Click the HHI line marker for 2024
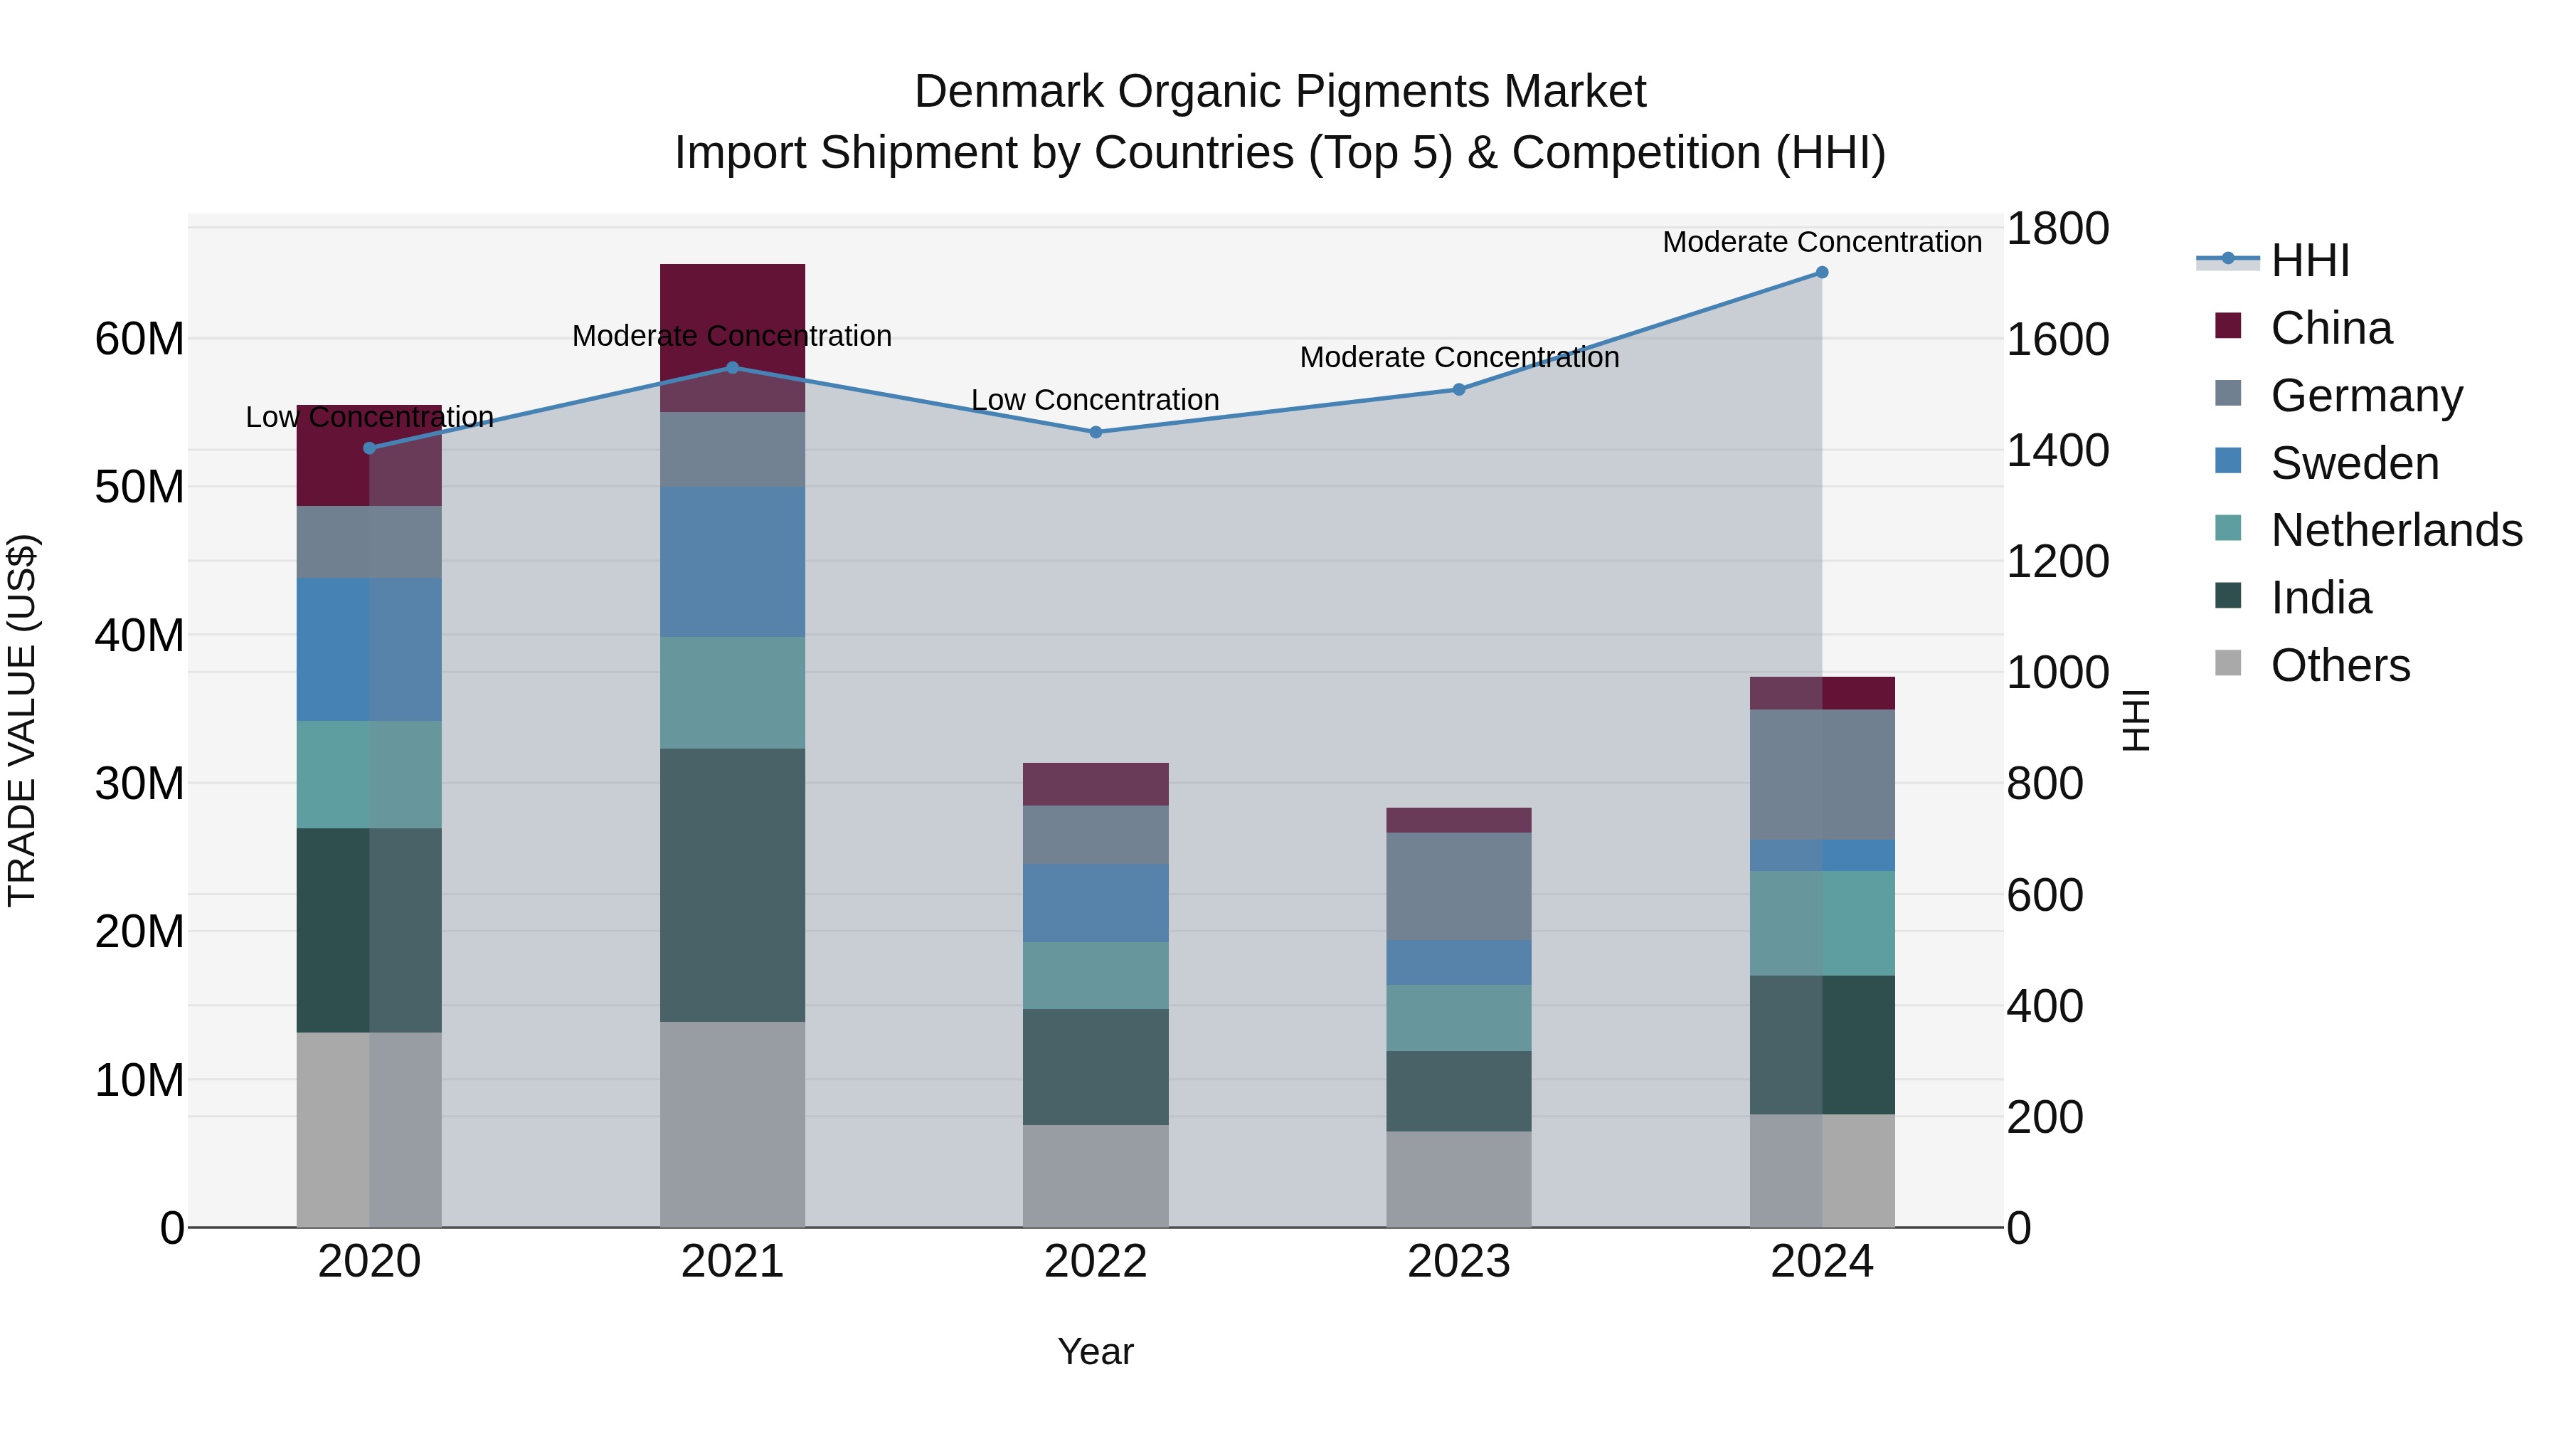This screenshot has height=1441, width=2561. pyautogui.click(x=1821, y=273)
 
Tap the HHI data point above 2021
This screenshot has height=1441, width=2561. pyautogui.click(x=733, y=368)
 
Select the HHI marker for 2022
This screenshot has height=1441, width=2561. pyautogui.click(x=1096, y=433)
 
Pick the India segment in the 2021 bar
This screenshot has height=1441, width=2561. pyautogui.click(x=733, y=885)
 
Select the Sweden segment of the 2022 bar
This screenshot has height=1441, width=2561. pyautogui.click(x=1096, y=903)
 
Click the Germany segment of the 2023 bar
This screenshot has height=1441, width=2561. pyautogui.click(x=1458, y=886)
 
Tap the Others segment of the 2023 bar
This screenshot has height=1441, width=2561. pyautogui.click(x=1458, y=1178)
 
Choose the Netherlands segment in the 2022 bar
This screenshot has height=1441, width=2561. pyautogui.click(x=1096, y=976)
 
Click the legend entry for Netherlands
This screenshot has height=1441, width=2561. pyautogui.click(x=2396, y=530)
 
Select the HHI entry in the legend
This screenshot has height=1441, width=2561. pyautogui.click(x=2309, y=260)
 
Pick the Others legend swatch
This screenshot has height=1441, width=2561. pyautogui.click(x=2228, y=663)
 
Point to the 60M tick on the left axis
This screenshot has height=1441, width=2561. pyautogui.click(x=140, y=339)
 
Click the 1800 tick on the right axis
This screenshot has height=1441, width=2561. pyautogui.click(x=2056, y=228)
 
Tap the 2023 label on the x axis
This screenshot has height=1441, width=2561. pyautogui.click(x=1458, y=1262)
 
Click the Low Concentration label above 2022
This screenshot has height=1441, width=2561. pyautogui.click(x=1095, y=400)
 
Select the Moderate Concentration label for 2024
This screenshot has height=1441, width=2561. pyautogui.click(x=1821, y=242)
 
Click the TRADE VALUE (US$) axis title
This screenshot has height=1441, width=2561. pyautogui.click(x=22, y=720)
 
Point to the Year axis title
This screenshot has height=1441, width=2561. pyautogui.click(x=1096, y=1351)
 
